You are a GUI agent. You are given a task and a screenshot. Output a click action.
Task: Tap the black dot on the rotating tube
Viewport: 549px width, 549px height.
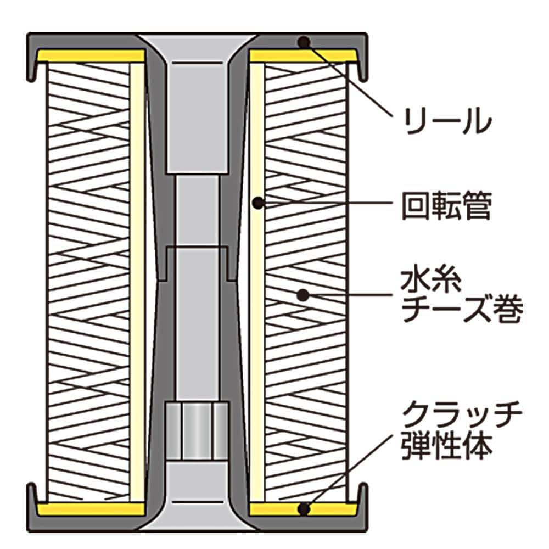pyautogui.click(x=256, y=203)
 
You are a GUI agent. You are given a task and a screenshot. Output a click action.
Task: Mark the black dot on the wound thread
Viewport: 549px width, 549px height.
pyautogui.click(x=301, y=295)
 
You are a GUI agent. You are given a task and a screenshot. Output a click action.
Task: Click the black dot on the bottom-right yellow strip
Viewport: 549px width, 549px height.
pyautogui.click(x=302, y=509)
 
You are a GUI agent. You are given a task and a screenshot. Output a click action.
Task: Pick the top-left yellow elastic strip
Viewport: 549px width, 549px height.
pyautogui.click(x=91, y=56)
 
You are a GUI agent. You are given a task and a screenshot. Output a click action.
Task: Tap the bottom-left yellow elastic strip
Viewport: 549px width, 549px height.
pyautogui.click(x=91, y=509)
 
